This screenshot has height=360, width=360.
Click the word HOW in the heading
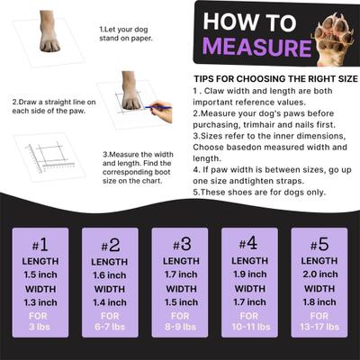click(233, 21)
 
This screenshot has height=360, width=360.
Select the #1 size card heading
click(41, 245)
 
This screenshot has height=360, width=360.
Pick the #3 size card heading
click(179, 245)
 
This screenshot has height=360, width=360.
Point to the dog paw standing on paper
click(49, 33)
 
